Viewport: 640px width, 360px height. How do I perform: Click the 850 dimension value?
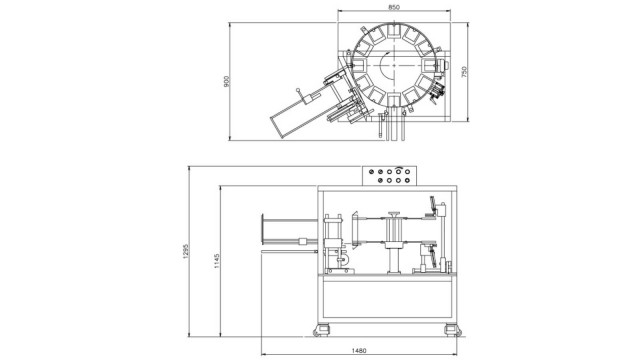click(x=394, y=7)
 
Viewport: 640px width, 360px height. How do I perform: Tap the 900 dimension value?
click(x=227, y=81)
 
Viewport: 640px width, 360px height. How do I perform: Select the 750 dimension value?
click(x=463, y=72)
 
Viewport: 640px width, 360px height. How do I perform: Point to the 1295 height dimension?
click(x=186, y=252)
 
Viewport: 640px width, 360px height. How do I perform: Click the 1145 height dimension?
click(x=217, y=261)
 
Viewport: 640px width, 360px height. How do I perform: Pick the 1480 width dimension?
click(x=359, y=350)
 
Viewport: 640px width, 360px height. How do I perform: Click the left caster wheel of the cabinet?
click(x=321, y=330)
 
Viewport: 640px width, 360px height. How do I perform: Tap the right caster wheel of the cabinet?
click(x=453, y=330)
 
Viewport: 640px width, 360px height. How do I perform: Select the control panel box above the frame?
click(x=389, y=176)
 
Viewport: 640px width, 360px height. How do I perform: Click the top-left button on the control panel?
click(x=371, y=172)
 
